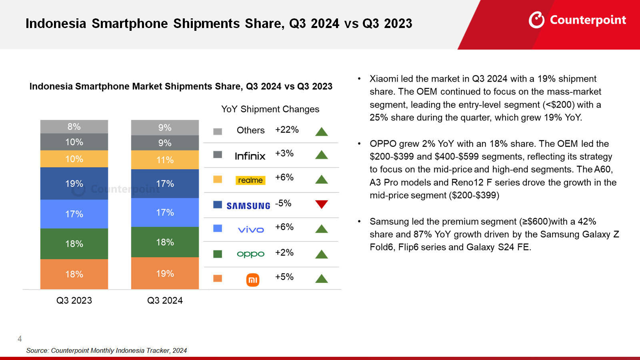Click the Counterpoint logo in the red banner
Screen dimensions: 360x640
(577, 20)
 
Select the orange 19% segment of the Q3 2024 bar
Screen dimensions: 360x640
(165, 273)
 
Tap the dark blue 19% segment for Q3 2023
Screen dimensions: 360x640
(74, 184)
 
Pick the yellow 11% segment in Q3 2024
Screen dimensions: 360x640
(165, 160)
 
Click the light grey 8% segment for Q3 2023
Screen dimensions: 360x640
(74, 126)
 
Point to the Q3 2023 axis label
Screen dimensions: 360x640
(74, 300)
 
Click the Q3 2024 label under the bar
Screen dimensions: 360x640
(165, 300)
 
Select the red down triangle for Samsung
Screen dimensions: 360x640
(321, 204)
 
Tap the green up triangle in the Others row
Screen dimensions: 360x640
(321, 132)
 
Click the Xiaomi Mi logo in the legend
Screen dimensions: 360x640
(252, 280)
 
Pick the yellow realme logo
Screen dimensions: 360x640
(250, 180)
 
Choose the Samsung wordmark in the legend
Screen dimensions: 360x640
(248, 206)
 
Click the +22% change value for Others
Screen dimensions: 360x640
(287, 130)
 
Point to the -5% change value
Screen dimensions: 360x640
(283, 203)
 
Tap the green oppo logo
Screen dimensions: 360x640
(250, 254)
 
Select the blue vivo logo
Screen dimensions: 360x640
(251, 230)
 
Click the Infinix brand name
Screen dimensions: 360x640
(250, 156)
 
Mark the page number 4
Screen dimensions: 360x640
(20, 339)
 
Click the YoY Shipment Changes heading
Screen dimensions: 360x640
(270, 109)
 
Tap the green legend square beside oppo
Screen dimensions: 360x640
(218, 254)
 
